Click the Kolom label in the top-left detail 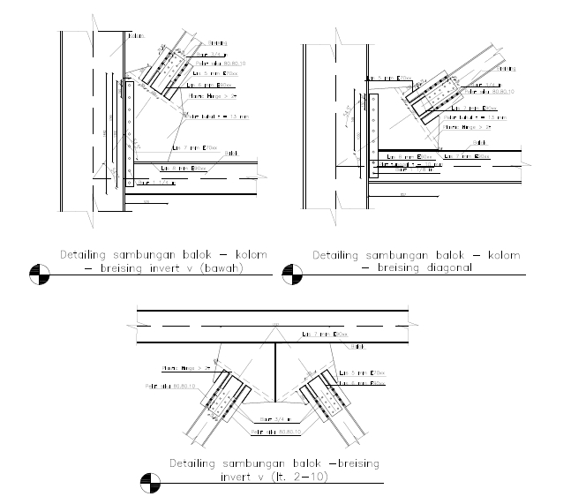pyautogui.click(x=135, y=35)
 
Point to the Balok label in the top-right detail pyautogui.click(x=481, y=141)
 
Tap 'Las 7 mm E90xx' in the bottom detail pyautogui.click(x=326, y=335)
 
